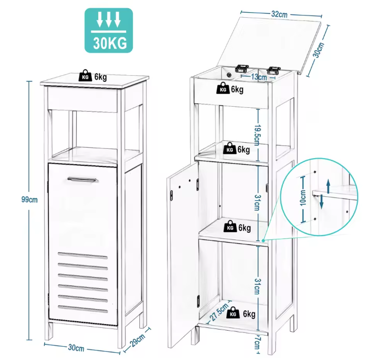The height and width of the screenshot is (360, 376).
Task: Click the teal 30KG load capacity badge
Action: pos(108,30)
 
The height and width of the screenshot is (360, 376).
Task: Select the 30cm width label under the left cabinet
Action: pos(76,348)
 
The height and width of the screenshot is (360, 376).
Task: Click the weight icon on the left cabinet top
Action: pos(86,76)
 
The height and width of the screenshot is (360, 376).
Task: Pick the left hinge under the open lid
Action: pos(241,69)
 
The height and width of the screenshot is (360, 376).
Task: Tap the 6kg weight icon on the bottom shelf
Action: pos(234,314)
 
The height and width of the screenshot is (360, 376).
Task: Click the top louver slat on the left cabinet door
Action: pos(82,255)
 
